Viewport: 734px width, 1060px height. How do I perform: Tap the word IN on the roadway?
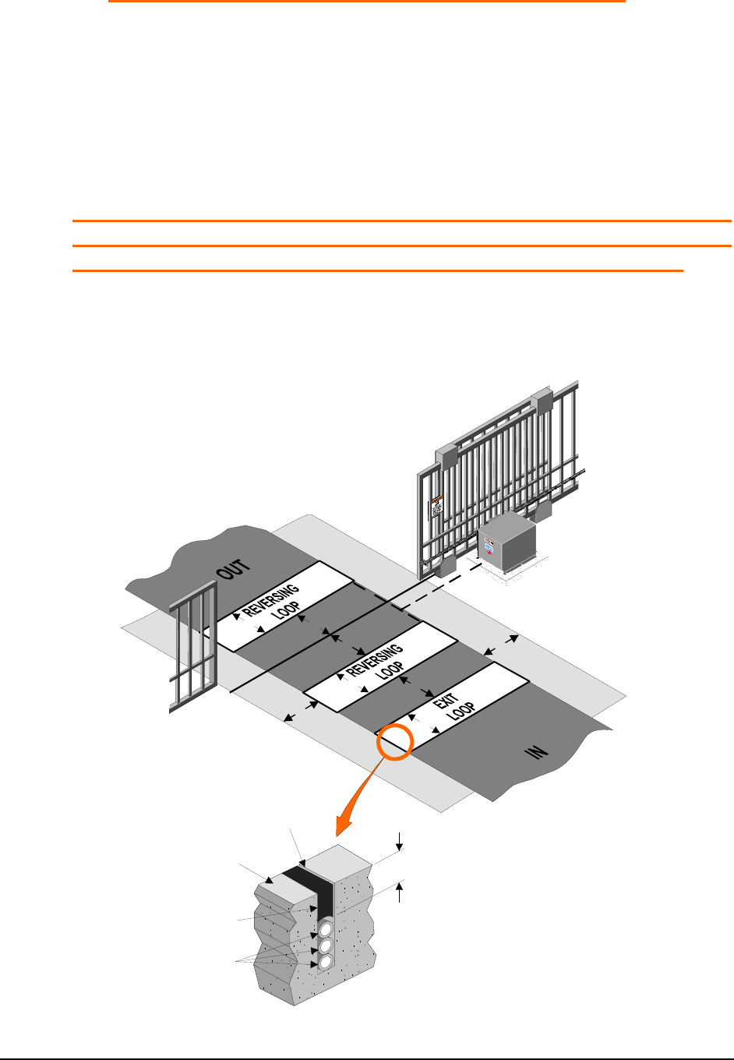point(537,751)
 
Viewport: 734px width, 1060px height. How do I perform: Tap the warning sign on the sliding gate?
point(437,507)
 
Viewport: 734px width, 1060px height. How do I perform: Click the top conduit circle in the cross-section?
point(323,929)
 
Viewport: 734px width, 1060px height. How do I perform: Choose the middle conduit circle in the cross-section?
point(323,945)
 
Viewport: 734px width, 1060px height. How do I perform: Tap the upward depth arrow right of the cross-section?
point(400,892)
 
